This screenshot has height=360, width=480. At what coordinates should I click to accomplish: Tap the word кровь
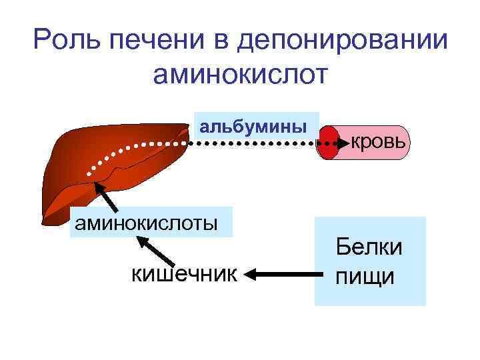click(377, 141)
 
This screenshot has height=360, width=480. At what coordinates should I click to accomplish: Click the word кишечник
click(184, 273)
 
